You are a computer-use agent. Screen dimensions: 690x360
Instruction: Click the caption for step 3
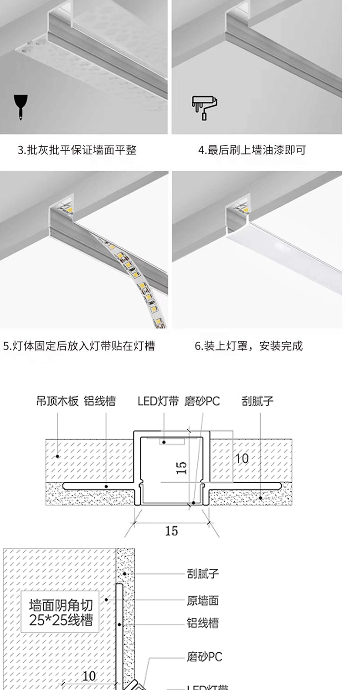click(x=77, y=150)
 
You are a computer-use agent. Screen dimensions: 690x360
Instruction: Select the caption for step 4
click(x=252, y=150)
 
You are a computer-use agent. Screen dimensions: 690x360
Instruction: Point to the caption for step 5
click(x=79, y=346)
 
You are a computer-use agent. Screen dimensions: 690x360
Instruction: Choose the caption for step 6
click(x=249, y=346)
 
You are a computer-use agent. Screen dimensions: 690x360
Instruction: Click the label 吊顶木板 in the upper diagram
click(x=57, y=401)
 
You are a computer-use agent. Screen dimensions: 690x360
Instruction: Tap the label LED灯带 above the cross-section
click(x=158, y=401)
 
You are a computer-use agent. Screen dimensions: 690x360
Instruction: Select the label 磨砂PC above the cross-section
click(x=202, y=401)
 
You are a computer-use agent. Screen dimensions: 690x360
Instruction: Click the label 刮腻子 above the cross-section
click(x=257, y=401)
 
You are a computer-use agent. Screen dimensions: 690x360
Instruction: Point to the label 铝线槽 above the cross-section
click(x=100, y=401)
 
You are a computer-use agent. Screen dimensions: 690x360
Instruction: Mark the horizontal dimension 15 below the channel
click(x=171, y=531)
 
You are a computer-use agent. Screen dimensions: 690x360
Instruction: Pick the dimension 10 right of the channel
click(x=242, y=458)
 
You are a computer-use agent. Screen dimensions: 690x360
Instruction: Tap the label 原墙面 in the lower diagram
click(x=203, y=601)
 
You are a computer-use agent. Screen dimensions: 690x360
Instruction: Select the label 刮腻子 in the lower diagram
click(x=203, y=573)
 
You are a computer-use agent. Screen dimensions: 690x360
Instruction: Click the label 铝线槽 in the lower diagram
click(x=203, y=623)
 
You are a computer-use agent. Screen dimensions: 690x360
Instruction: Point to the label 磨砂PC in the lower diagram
click(x=204, y=657)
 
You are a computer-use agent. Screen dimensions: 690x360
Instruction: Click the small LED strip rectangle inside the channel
click(x=171, y=442)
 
